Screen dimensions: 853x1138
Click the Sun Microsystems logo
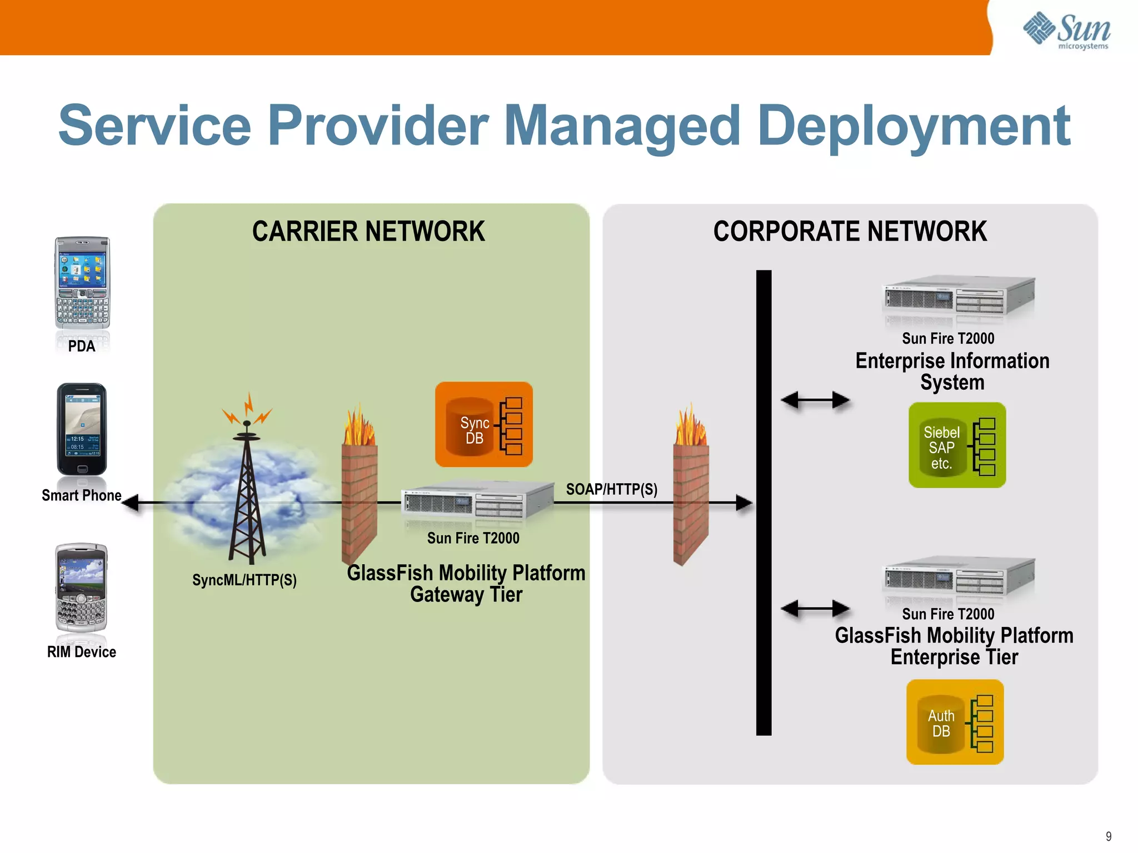1067,31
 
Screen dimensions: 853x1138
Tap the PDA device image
82,283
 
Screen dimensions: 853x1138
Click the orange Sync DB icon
483,424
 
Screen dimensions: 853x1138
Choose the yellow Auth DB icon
955,722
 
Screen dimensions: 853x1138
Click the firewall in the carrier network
359,489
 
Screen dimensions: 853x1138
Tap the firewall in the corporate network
691,489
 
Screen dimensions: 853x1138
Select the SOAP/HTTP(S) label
611,489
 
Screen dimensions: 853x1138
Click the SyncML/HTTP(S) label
244,580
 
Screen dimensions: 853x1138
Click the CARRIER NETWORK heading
368,232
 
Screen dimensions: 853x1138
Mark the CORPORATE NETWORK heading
850,232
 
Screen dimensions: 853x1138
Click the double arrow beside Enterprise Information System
815,400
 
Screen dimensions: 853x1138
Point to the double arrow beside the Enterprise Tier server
815,609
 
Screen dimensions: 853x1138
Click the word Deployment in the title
914,127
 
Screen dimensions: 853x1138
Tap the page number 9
1109,836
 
